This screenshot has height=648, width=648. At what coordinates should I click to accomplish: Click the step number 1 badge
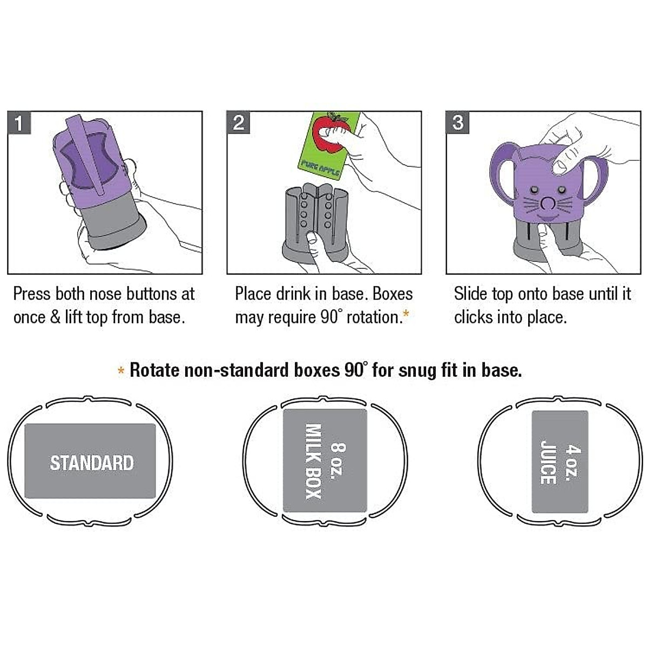[19, 123]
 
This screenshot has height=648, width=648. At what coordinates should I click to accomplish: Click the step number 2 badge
[238, 123]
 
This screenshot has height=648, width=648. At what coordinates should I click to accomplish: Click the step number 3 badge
[457, 123]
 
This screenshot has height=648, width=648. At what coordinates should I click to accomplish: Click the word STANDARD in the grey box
[91, 463]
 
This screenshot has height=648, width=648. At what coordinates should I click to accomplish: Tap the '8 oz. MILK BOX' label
[325, 461]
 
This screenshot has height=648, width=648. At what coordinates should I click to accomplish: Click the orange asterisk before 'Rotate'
[121, 371]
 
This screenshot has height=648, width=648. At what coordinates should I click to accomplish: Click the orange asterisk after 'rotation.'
[406, 315]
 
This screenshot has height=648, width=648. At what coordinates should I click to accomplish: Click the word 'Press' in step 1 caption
[32, 294]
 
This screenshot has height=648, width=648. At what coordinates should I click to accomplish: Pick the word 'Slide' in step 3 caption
[470, 294]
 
